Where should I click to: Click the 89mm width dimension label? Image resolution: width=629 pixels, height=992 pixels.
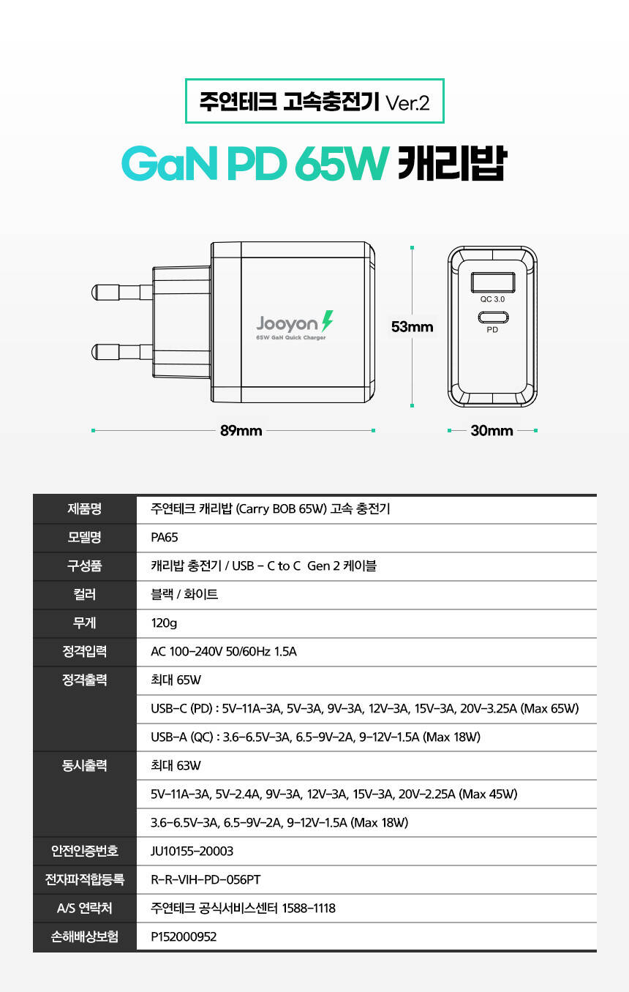coord(241,430)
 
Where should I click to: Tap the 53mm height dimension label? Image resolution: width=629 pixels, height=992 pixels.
coord(412,327)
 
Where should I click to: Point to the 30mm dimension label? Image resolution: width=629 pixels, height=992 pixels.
coord(491,430)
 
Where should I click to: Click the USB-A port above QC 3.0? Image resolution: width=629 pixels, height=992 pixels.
coord(493,282)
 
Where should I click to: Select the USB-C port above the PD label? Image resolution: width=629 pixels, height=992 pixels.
coord(493,317)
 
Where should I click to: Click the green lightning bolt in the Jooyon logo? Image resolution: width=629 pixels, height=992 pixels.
coord(327,321)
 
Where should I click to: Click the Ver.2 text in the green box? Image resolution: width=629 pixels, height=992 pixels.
coord(407,103)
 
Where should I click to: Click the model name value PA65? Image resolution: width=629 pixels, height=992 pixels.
coord(165,538)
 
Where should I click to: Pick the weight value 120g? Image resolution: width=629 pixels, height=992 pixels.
coord(164,623)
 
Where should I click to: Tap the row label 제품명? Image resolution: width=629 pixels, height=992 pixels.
coord(85,509)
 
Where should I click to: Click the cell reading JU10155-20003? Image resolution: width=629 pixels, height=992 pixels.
coord(192,851)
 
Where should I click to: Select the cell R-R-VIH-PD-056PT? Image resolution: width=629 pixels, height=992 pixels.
coord(206,879)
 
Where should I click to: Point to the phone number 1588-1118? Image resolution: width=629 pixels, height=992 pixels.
coord(309,909)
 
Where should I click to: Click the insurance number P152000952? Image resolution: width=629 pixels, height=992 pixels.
coord(184,936)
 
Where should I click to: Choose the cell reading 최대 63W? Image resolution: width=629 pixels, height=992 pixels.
coord(176,766)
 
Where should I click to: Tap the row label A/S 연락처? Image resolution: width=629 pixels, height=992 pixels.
coord(85,909)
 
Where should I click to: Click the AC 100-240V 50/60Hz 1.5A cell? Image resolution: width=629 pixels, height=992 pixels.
coord(224,651)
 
